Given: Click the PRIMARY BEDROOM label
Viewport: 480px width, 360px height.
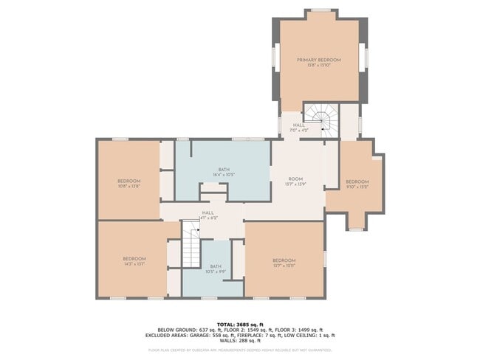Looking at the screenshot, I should (319, 60).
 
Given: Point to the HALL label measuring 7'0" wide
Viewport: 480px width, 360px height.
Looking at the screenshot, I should (299, 125).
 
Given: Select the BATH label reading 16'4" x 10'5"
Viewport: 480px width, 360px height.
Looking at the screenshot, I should (224, 170).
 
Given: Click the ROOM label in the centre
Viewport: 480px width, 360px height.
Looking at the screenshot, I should (295, 179).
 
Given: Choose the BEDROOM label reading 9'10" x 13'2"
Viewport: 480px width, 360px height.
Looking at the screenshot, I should (357, 181).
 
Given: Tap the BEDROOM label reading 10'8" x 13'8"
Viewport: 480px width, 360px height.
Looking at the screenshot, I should (128, 181).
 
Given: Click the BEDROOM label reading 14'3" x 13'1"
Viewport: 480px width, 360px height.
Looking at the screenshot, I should (134, 258).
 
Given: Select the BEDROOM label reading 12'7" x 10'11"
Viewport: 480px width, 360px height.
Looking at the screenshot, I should (284, 260).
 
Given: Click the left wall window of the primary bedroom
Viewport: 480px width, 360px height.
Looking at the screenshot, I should (275, 58).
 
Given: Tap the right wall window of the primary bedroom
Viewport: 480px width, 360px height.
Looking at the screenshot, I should (363, 58).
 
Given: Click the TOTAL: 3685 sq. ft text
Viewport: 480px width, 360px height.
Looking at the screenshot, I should (240, 324).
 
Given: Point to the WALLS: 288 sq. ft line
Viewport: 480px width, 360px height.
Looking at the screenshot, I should (240, 340).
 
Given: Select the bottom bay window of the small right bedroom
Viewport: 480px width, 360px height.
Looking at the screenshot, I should (356, 229).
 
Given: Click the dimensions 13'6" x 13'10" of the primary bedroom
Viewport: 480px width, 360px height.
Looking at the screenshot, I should (319, 65).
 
